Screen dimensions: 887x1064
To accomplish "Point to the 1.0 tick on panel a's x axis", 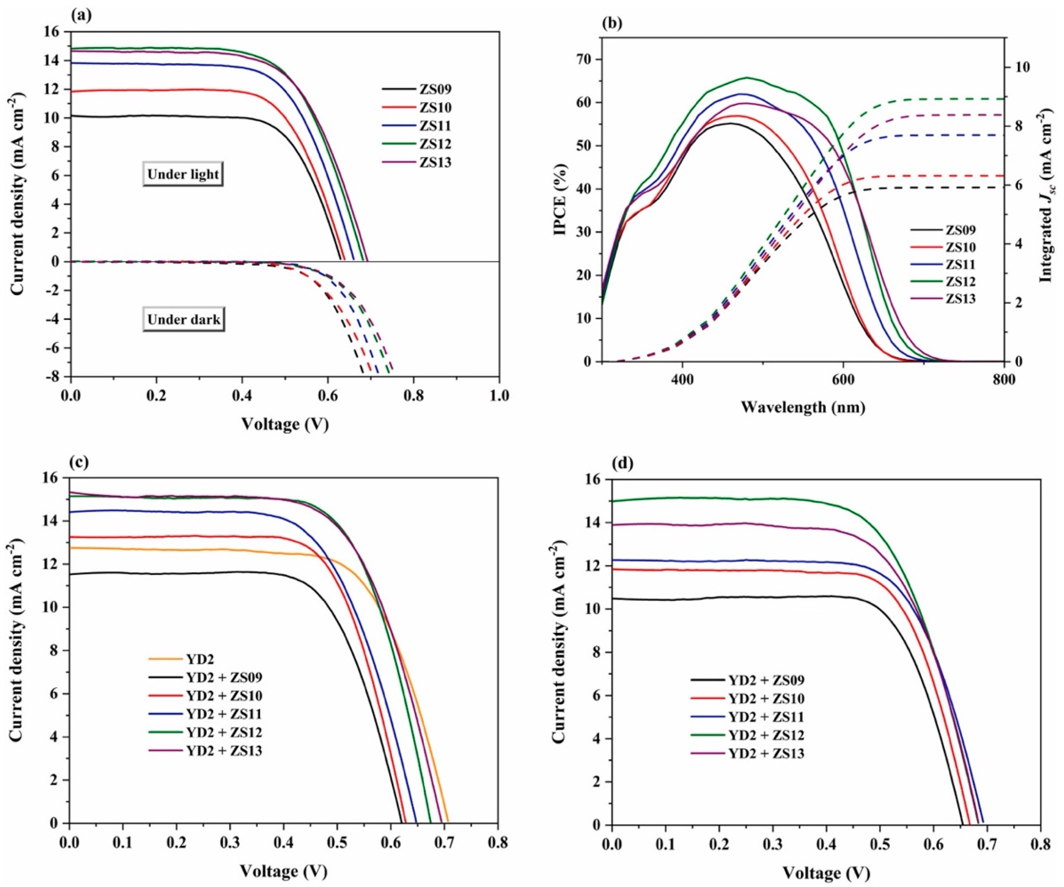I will point(499,395).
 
